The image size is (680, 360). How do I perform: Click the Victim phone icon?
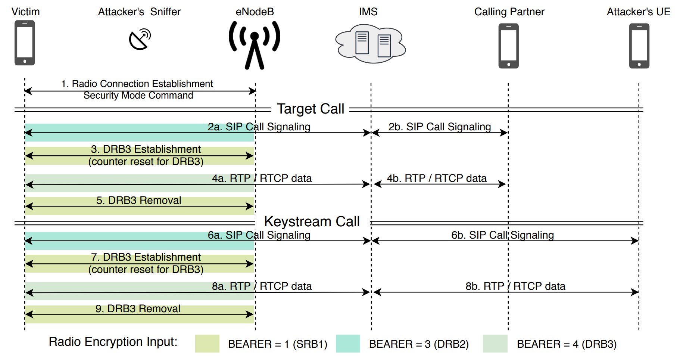coord(25,43)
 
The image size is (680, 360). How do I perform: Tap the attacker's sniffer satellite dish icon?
coord(140,39)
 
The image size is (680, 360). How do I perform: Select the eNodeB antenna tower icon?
coord(255,45)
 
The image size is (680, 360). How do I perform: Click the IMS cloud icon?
coord(370,43)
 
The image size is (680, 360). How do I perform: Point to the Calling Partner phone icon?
coord(508,46)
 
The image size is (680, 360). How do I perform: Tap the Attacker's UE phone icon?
coord(639,46)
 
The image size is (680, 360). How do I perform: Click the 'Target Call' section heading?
coord(311,109)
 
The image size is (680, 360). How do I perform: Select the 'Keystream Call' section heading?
coord(312,222)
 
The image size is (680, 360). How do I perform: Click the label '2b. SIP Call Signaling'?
coord(440,127)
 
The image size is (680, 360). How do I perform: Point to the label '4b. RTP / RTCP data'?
coord(437,179)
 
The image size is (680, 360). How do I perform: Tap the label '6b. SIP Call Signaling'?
coord(502,235)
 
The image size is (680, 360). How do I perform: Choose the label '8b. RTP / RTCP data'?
coord(515,286)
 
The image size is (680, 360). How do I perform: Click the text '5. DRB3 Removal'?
coord(139,201)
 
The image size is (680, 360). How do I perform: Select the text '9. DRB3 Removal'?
coord(138,309)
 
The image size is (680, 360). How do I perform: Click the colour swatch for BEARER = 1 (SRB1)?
coord(207,344)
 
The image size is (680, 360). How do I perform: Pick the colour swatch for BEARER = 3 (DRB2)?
coord(348,344)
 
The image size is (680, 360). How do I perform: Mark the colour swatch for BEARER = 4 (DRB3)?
coord(495,344)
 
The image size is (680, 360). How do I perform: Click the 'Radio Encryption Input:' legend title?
coord(113,342)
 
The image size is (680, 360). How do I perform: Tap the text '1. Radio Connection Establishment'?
coord(137,84)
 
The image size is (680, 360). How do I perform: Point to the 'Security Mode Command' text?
coord(138,96)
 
